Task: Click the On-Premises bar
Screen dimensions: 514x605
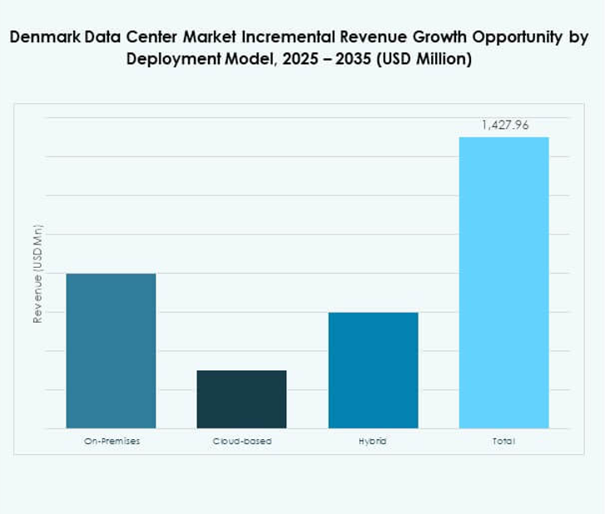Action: point(111,350)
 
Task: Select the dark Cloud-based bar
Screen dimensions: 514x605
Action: point(241,399)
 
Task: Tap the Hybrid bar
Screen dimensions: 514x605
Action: point(373,370)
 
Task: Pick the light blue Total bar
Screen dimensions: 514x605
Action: point(503,283)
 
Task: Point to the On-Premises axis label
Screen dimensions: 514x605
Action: point(112,441)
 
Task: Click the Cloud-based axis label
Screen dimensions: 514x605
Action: point(242,441)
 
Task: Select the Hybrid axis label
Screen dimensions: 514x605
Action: point(373,441)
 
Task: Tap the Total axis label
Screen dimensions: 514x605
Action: point(503,441)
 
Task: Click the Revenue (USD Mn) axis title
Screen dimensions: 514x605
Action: point(37,274)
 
